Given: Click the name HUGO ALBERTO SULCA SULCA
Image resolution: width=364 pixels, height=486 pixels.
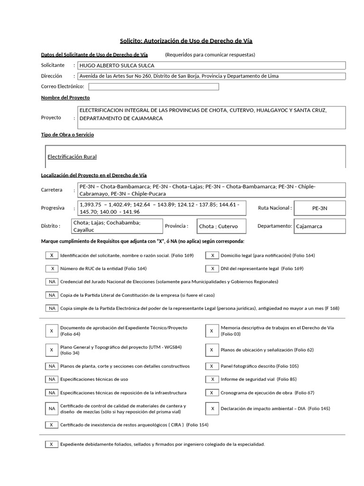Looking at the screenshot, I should pyautogui.click(x=116, y=65).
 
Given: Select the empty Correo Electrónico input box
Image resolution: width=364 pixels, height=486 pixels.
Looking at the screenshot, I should pyautogui.click(x=154, y=86).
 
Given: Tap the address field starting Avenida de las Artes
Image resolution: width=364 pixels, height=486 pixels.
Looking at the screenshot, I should pyautogui.click(x=179, y=76).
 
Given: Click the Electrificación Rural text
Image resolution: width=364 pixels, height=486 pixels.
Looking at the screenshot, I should pyautogui.click(x=72, y=157).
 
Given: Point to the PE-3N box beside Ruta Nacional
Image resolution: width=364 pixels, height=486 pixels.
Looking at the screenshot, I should pyautogui.click(x=320, y=208).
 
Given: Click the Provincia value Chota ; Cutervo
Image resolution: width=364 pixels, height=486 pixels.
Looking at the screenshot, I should pyautogui.click(x=218, y=226).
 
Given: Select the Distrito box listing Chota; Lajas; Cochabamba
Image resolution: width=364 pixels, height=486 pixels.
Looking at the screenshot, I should pyautogui.click(x=117, y=226).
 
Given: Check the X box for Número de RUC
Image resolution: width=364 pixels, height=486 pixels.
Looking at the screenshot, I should pyautogui.click(x=52, y=268).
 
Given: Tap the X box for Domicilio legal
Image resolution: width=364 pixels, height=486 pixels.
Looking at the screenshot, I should pyautogui.click(x=212, y=255).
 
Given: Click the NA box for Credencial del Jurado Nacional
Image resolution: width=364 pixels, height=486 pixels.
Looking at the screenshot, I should pyautogui.click(x=52, y=281).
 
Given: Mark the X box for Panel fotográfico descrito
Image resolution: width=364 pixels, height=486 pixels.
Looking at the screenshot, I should pyautogui.click(x=212, y=366).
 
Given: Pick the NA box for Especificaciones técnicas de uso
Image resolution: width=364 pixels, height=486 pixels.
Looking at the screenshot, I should pyautogui.click(x=52, y=379).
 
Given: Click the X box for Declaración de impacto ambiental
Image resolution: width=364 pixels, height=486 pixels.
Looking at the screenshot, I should pyautogui.click(x=212, y=409).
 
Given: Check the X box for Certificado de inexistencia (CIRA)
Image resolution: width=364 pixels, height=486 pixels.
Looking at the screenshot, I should pyautogui.click(x=52, y=425).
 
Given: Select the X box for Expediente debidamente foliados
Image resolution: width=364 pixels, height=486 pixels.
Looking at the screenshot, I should pyautogui.click(x=52, y=444).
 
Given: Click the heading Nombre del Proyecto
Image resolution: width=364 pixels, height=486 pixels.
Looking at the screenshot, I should pyautogui.click(x=65, y=97).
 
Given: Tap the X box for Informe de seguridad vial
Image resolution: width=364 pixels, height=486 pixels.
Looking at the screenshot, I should pyautogui.click(x=212, y=379).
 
